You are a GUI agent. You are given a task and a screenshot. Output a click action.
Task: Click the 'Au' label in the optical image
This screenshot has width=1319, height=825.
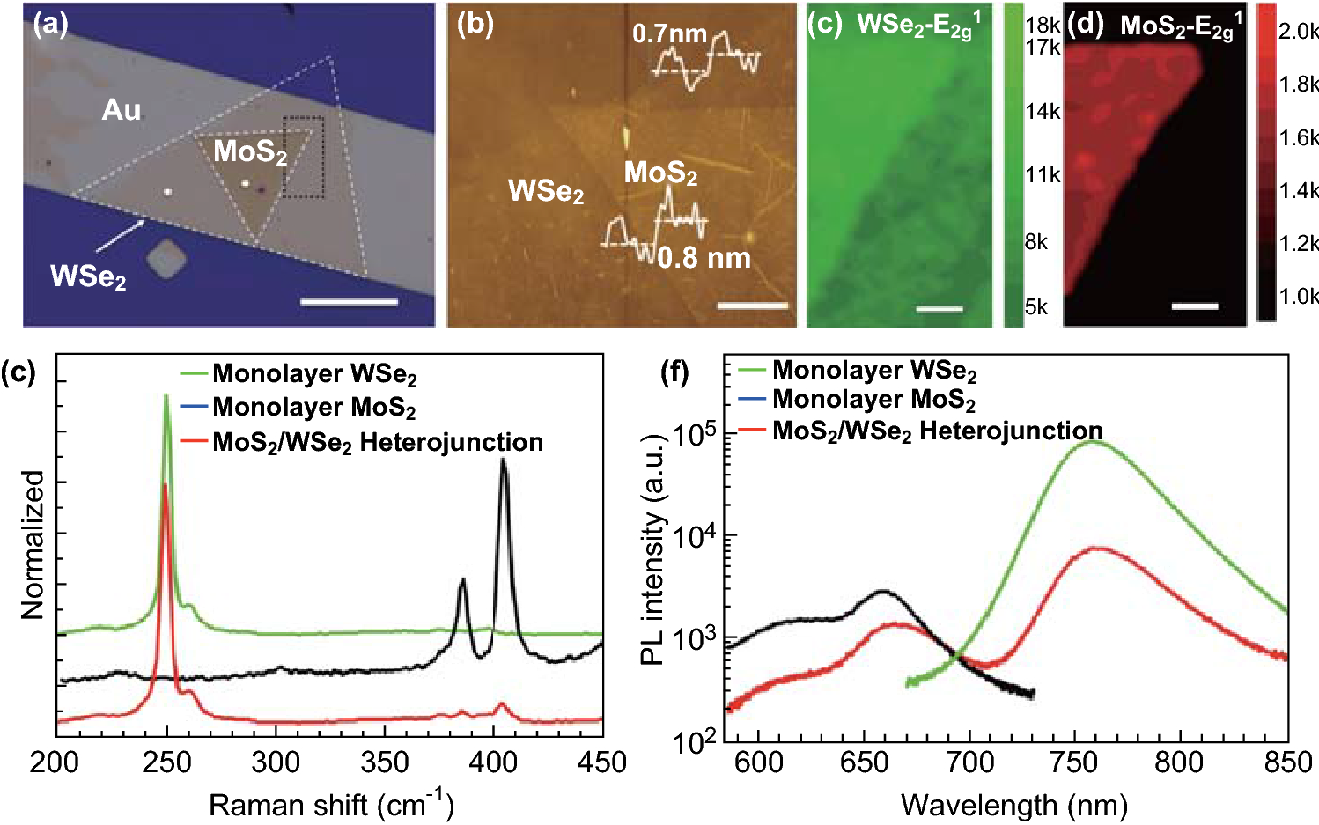122,110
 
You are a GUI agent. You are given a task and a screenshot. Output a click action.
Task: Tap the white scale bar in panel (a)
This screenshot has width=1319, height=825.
349,302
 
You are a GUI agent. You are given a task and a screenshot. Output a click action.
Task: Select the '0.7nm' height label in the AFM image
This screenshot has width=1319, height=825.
669,34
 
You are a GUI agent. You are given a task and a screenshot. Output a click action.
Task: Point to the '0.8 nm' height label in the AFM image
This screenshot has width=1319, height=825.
704,258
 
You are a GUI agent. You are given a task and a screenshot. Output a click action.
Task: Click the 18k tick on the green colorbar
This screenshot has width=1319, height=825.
1043,26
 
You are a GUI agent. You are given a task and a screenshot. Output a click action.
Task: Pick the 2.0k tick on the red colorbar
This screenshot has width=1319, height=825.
1298,32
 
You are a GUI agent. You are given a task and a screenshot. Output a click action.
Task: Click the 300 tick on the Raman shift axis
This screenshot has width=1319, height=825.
276,762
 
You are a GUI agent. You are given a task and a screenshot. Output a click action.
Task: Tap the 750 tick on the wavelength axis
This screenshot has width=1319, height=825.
1075,762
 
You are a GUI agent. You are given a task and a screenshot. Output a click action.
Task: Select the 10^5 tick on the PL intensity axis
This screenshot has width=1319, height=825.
694,434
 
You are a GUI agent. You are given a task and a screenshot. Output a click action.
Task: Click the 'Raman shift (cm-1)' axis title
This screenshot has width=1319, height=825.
331,805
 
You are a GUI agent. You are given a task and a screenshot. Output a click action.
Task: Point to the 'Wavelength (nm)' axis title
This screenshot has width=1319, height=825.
1013,805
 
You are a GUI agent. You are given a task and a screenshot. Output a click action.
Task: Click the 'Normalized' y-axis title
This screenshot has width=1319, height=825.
33,544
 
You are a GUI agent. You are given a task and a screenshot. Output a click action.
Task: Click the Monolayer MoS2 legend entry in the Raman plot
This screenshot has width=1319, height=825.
313,407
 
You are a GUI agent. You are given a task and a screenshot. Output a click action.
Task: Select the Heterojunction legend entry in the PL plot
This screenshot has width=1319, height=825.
937,431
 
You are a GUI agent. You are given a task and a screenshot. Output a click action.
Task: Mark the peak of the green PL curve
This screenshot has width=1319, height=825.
1092,441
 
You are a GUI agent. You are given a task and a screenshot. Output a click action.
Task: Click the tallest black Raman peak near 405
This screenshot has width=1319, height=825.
504,460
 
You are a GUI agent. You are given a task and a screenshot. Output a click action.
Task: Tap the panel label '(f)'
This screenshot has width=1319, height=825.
675,372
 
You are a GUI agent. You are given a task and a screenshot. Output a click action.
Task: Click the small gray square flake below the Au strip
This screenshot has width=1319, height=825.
166,261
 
